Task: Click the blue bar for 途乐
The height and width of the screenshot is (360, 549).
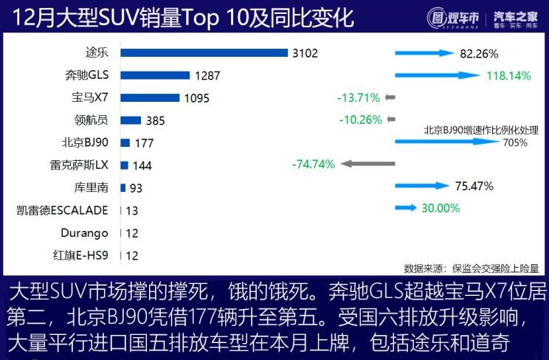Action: (x=204, y=52)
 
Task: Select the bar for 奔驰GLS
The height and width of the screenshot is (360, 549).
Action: (x=154, y=75)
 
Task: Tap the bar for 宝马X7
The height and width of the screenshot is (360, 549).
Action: (x=150, y=97)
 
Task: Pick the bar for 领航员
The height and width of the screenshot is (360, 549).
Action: (x=131, y=120)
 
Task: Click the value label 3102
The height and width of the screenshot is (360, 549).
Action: (x=305, y=53)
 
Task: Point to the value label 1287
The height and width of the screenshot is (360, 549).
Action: (x=208, y=75)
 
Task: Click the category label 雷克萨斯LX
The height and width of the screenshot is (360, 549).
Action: (x=79, y=165)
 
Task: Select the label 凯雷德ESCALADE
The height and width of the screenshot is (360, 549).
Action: (x=63, y=210)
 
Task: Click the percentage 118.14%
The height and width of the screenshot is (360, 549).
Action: (x=509, y=75)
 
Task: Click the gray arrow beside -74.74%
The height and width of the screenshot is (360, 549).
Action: (x=367, y=165)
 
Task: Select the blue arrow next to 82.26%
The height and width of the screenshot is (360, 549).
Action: (x=424, y=53)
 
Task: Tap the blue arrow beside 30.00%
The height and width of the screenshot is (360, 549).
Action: (x=406, y=209)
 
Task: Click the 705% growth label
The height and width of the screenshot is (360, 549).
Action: (x=515, y=142)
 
